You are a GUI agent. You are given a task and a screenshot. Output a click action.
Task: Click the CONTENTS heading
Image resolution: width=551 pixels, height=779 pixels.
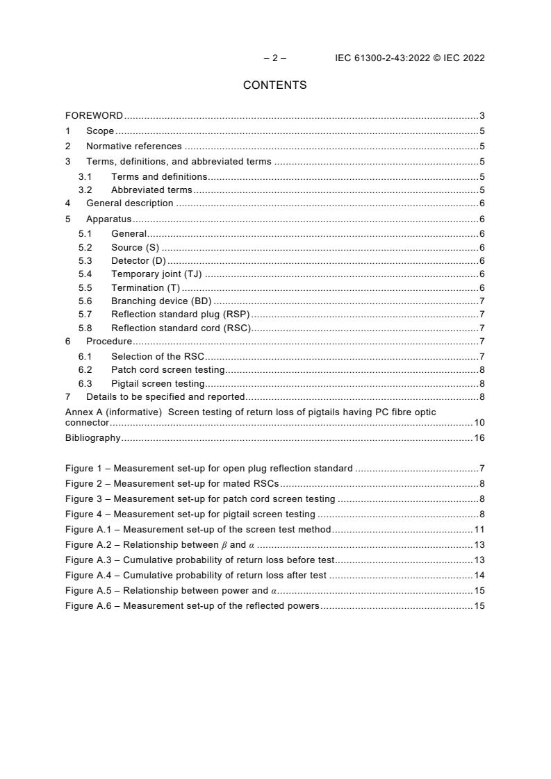point(274,85)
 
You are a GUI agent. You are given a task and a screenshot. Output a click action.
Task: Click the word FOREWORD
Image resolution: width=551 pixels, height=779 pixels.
point(94,116)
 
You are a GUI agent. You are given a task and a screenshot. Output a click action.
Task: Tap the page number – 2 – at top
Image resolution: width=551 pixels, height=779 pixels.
point(274,58)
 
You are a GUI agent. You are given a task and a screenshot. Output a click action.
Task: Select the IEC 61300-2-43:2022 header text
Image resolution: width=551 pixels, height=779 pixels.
point(409,58)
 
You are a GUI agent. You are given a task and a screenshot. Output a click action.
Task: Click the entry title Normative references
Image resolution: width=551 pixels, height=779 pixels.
point(133,146)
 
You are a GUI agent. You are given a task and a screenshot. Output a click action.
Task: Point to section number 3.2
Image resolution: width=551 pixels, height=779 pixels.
point(85,190)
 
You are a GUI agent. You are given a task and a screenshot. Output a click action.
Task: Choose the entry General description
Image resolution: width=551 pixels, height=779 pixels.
point(129,203)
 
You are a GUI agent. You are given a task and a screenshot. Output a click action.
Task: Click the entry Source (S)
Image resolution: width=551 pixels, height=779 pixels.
point(135,248)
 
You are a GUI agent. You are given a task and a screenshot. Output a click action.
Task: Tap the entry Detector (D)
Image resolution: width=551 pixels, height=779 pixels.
point(138,261)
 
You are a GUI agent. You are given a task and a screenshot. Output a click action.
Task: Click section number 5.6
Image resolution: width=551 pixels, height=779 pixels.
point(85,301)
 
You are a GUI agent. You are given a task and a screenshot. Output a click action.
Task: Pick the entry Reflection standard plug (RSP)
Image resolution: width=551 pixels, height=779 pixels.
point(180,315)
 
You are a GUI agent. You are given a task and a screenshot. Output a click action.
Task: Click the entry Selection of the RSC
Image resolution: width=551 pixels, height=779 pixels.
point(158,356)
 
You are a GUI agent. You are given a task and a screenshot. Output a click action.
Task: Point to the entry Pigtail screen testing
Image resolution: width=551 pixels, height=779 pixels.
point(158,383)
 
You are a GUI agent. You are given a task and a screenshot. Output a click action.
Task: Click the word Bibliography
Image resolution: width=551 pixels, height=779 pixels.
point(92,438)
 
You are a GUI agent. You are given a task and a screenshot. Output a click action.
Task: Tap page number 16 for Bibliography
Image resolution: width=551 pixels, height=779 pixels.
point(479,438)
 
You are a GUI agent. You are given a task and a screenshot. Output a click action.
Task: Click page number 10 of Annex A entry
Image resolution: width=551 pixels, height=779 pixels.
point(479,422)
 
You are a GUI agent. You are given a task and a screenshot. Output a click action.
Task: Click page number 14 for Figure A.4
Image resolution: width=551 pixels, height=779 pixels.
point(479,576)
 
